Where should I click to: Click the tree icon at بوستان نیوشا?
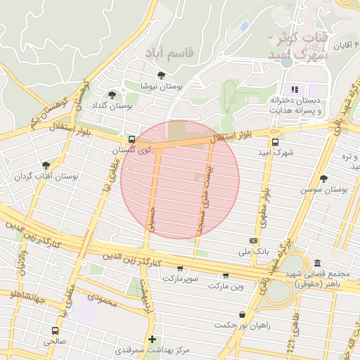(162, 75)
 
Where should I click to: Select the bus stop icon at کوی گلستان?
(131, 139)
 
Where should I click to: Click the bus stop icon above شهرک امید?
(274, 141)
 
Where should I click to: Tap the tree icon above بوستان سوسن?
(323, 179)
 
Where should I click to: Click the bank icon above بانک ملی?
(253, 240)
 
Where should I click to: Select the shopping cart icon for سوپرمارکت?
(181, 269)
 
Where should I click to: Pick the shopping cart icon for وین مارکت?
(226, 276)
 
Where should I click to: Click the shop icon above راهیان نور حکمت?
(243, 314)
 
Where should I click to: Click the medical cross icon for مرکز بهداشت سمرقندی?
(152, 339)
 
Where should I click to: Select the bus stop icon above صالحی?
(55, 330)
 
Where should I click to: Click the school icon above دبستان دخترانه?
(295, 89)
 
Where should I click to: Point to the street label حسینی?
(150, 219)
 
